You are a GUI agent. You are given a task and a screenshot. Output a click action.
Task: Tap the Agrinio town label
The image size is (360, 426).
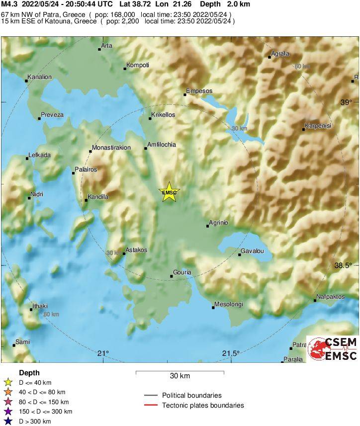pyautogui.click(x=218, y=223)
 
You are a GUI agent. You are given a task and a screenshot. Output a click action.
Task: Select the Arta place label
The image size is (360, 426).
pyautogui.click(x=107, y=46)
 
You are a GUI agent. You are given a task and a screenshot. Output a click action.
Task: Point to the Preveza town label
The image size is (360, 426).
pyautogui.click(x=52, y=115)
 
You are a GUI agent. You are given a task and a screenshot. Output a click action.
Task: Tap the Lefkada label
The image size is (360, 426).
pyautogui.click(x=40, y=155)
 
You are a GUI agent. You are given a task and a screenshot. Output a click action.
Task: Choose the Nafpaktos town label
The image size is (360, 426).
pyautogui.click(x=330, y=297)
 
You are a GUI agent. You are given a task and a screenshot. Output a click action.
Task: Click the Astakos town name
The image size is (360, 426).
pyautogui.click(x=136, y=250)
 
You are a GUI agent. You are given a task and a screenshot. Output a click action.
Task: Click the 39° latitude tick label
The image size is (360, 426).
pyautogui.click(x=346, y=102)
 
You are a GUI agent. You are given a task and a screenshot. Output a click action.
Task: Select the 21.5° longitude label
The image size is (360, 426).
pyautogui.click(x=231, y=353)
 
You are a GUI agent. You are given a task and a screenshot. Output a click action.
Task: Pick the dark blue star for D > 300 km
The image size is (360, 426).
pyautogui.click(x=7, y=422)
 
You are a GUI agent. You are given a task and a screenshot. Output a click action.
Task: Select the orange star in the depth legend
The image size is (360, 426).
pyautogui.click(x=7, y=392)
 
